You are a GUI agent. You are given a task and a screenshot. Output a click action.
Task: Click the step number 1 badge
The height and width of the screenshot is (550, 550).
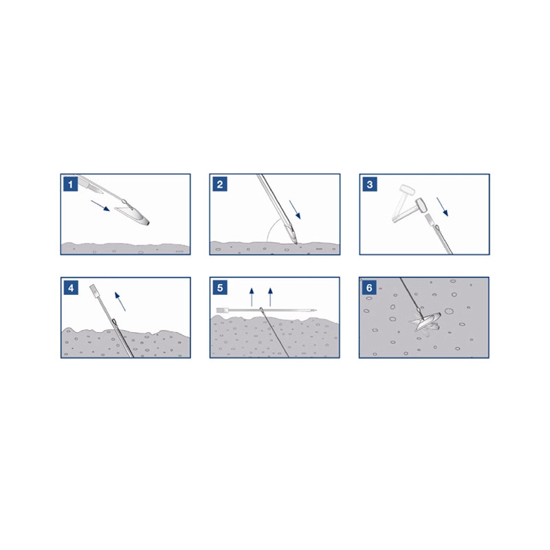tap(71, 184)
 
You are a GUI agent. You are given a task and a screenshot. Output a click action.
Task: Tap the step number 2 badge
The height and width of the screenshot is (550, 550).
tap(220, 184)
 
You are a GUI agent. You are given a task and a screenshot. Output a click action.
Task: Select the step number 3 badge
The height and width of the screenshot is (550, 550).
tap(370, 184)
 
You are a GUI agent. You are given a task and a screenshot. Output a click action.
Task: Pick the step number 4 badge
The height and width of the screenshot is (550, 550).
tap(71, 287)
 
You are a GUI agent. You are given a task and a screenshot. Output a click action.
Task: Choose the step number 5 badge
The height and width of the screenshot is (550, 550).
tap(220, 287)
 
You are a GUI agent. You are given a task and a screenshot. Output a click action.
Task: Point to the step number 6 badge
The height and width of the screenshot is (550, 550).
tap(369, 287)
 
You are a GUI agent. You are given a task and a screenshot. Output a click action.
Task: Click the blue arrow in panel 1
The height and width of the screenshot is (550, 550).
tap(100, 206)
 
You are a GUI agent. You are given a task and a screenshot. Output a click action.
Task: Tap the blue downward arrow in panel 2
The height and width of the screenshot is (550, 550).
tap(295, 210)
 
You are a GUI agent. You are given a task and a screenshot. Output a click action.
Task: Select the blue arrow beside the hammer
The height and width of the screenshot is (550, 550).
tap(443, 207)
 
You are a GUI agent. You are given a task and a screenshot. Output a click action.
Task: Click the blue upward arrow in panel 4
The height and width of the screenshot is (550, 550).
tap(120, 301)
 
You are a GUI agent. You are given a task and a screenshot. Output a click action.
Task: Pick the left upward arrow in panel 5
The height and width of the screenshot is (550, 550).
tap(252, 297)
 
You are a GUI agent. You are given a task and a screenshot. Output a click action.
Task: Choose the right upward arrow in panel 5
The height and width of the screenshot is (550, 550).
tap(270, 297)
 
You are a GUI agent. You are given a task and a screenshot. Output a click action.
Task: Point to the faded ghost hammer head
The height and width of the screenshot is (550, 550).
tap(407, 190)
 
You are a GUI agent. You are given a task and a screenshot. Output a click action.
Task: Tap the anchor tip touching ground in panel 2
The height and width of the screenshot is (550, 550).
tap(296, 243)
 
